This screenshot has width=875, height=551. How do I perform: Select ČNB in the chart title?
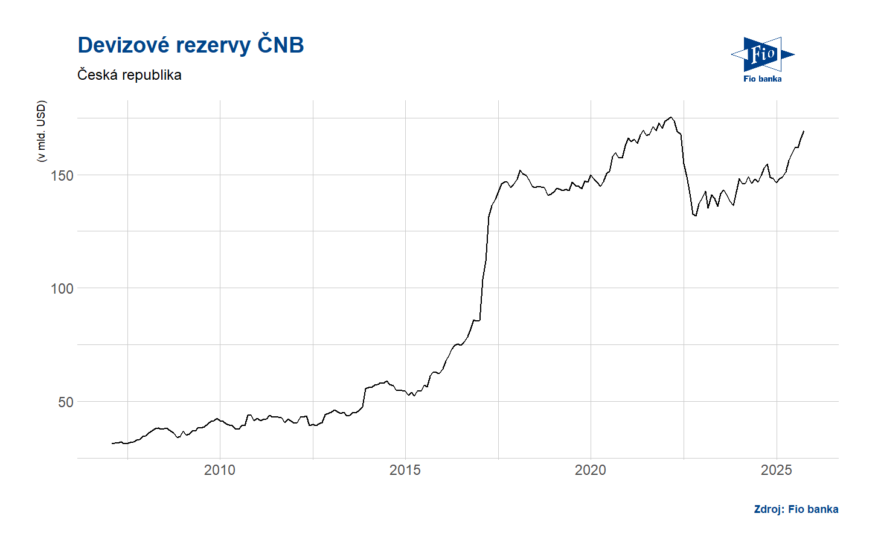coord(280,45)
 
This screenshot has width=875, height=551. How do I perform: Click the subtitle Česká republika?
coord(129,75)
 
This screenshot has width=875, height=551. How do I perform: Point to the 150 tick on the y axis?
coord(62,176)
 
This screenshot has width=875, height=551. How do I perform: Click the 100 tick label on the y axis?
coord(62,289)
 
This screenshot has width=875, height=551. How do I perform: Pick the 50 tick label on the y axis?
coord(65,402)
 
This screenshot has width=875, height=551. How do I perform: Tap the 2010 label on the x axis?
coord(220,470)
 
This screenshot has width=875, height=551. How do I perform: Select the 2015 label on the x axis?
coord(405,470)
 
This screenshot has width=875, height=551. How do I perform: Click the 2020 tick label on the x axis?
coord(591,470)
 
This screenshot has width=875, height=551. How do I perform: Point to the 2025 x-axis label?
coord(776,470)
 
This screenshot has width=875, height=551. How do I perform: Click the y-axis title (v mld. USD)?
coord(41,131)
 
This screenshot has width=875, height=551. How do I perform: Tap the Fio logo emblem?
coord(762,54)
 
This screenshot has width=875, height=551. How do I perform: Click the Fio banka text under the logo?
coord(762,79)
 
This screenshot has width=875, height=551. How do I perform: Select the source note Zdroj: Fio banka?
coord(796,509)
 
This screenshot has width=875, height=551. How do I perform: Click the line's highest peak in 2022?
coord(671,117)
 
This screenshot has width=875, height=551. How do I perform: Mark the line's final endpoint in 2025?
coord(804,131)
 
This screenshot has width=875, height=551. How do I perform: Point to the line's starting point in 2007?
coord(112,443)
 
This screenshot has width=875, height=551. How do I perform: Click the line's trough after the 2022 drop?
coord(696,216)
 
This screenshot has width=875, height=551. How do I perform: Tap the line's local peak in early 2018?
coord(520,170)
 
